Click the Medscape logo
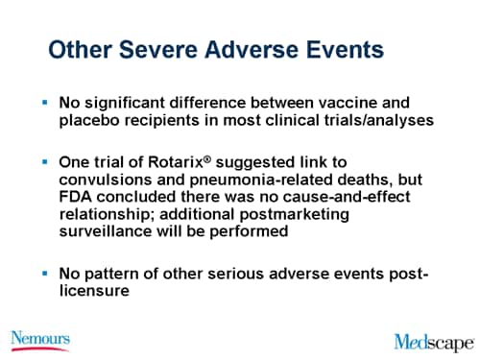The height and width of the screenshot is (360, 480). click(x=434, y=341)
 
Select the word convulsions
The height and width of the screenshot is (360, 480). click(x=108, y=180)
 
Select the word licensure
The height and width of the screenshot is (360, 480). click(x=96, y=292)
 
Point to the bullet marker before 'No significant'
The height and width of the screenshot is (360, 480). click(x=44, y=102)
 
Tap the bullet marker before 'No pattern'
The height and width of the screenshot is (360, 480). click(x=44, y=274)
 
